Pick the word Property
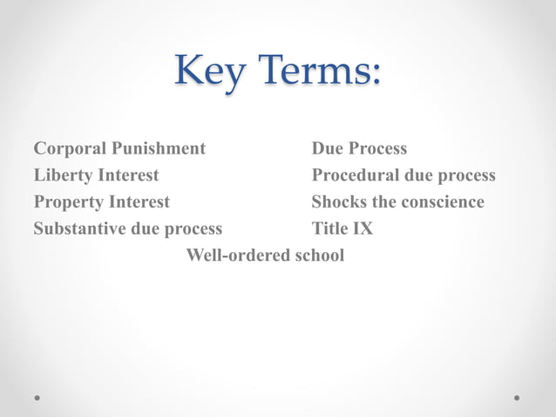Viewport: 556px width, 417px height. point(68,202)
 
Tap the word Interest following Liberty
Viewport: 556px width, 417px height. point(127,175)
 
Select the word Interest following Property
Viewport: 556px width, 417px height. point(139,202)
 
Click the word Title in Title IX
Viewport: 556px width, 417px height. point(330,229)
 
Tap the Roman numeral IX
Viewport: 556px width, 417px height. point(363,229)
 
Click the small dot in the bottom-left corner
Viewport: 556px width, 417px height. point(37,397)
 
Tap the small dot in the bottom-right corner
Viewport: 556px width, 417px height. point(517,397)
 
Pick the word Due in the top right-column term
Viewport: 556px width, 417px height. point(329,149)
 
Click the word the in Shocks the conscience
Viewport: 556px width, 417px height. point(383,202)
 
